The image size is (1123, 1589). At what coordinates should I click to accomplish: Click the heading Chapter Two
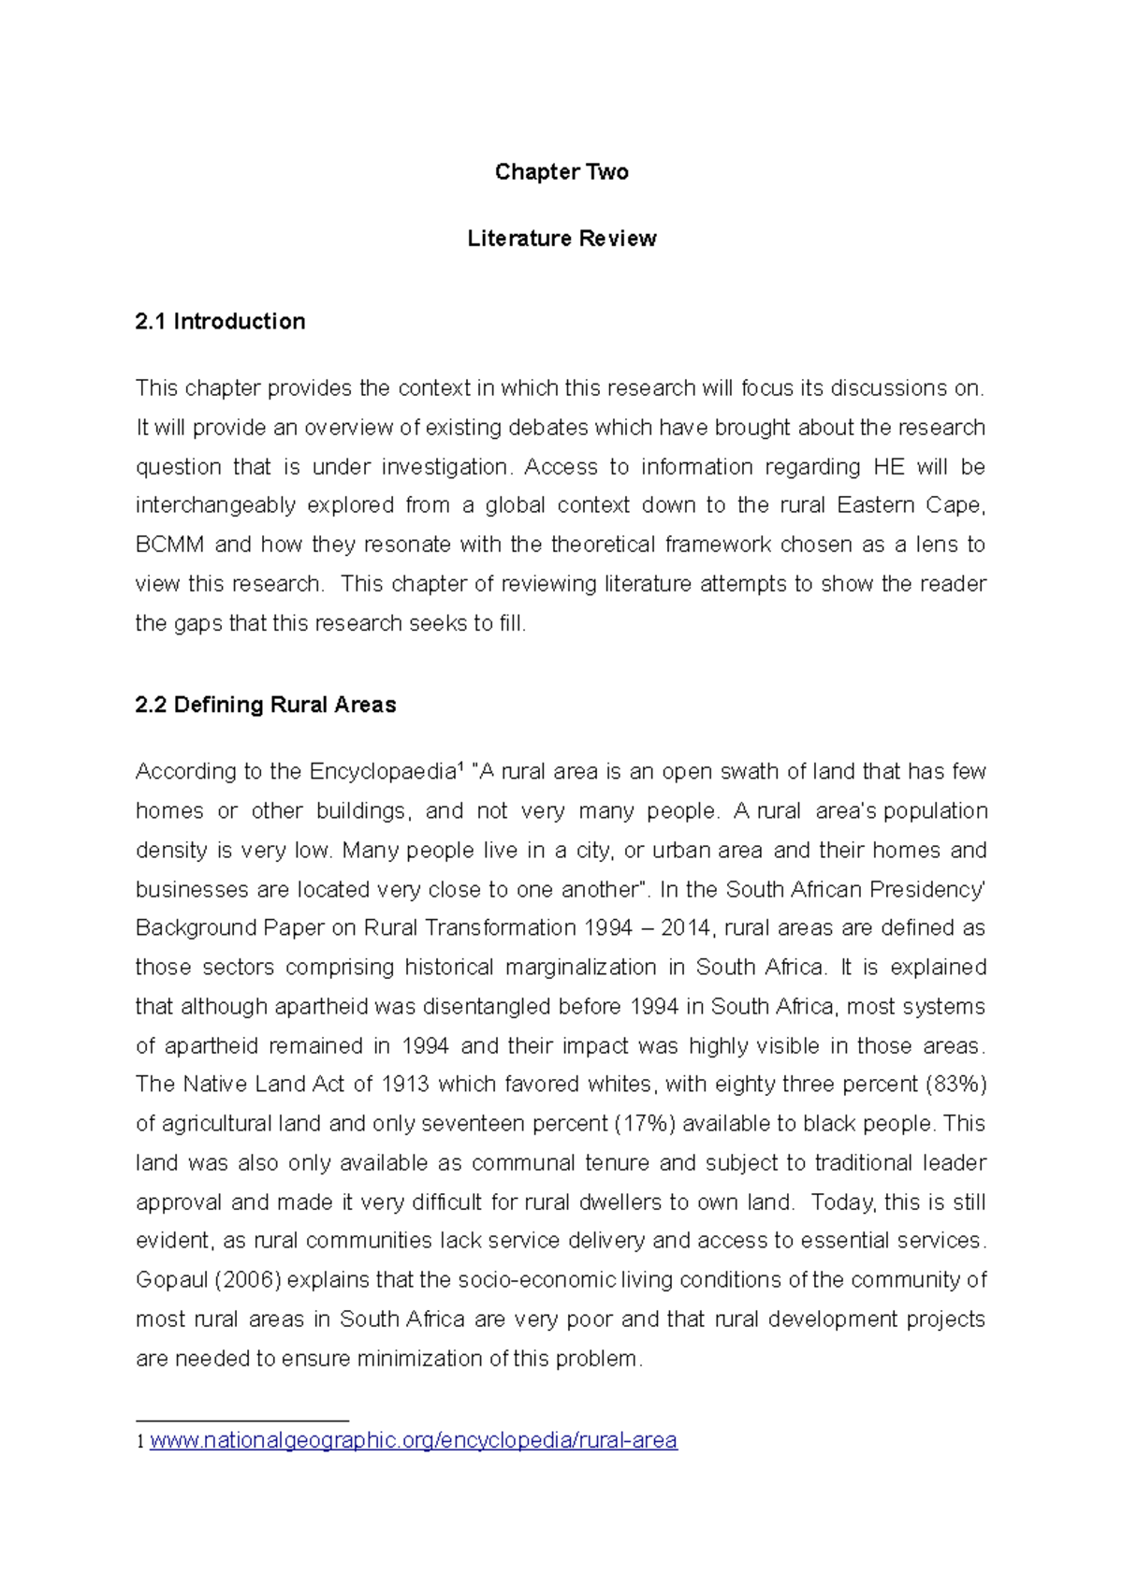561,171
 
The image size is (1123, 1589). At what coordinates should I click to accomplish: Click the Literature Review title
561,239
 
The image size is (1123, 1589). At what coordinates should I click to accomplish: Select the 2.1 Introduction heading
220,321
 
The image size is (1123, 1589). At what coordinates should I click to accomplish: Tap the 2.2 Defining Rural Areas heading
266,705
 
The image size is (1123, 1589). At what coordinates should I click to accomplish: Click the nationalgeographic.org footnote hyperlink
413,1440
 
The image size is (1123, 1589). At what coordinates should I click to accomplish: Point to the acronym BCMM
169,545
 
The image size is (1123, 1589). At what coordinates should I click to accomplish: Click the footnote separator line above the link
242,1421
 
